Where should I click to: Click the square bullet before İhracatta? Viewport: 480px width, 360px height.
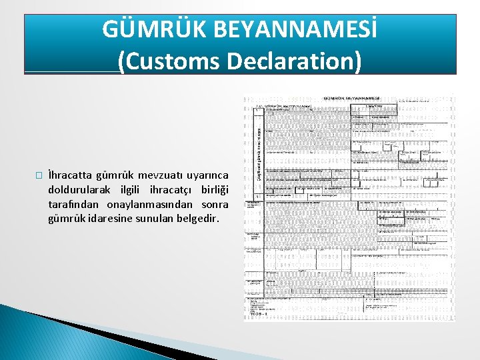pos(39,175)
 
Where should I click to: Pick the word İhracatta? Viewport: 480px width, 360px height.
pos(71,175)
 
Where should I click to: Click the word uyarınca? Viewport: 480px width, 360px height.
pos(207,175)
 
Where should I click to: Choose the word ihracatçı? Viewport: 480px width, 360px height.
pos(164,190)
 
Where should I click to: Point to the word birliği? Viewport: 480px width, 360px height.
pos(213,190)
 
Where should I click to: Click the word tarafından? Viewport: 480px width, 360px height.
pos(74,204)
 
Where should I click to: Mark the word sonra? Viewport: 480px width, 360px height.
pos(215,204)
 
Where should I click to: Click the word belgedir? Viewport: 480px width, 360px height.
pos(196,218)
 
